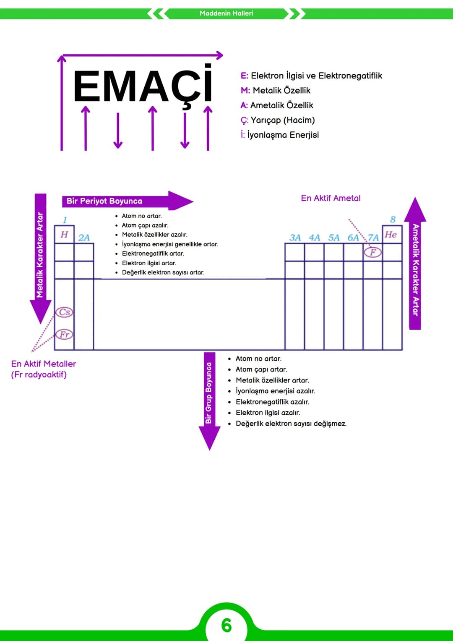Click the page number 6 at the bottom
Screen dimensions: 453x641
point(226,625)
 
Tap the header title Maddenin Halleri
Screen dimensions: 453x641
point(226,13)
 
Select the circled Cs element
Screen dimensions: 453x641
point(64,311)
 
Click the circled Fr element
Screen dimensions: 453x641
point(64,334)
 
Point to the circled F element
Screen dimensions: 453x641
point(372,252)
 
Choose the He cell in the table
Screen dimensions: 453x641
point(392,234)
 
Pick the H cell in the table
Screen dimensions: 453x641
point(64,234)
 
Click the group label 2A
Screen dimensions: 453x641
point(84,238)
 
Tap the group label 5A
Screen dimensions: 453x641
point(334,238)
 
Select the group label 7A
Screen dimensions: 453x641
point(373,238)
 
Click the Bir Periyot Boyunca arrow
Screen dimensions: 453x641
point(128,201)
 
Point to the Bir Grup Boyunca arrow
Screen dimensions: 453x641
point(209,401)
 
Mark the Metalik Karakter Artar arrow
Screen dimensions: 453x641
point(41,259)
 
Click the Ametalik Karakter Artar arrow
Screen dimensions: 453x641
point(415,263)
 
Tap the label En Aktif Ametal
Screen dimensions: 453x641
point(331,198)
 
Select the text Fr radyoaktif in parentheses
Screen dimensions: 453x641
point(39,374)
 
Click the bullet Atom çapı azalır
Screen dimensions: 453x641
point(145,225)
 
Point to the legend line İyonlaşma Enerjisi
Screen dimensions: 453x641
point(280,134)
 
